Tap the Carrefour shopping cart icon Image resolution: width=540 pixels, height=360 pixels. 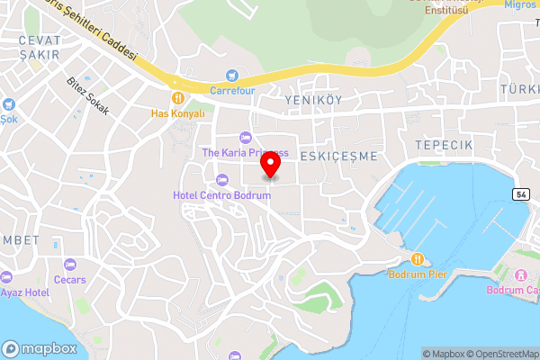pyautogui.click(x=233, y=76)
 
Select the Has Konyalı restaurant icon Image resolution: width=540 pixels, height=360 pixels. pyautogui.click(x=178, y=98)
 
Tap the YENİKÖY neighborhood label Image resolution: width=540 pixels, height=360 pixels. pyautogui.click(x=313, y=100)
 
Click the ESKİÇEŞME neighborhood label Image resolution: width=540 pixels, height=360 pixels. pyautogui.click(x=338, y=156)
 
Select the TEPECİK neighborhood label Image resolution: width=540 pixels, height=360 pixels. pyautogui.click(x=444, y=145)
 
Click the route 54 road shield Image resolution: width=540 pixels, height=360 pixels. pyautogui.click(x=521, y=193)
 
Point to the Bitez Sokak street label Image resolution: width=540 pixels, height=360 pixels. pyautogui.click(x=87, y=95)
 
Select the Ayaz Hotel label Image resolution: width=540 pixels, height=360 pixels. pyautogui.click(x=24, y=292)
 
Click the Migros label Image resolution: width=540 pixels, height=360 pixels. pyautogui.click(x=519, y=4)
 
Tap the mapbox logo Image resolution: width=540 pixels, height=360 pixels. pyautogui.click(x=40, y=348)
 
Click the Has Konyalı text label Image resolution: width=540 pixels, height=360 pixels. pyautogui.click(x=178, y=113)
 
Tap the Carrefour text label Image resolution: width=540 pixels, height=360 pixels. pyautogui.click(x=233, y=90)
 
